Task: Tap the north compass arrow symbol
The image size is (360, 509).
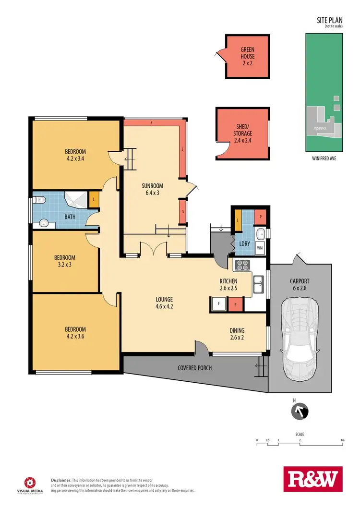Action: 299,412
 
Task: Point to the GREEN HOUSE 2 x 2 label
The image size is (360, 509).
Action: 248,56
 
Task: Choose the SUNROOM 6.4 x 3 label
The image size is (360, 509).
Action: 153,189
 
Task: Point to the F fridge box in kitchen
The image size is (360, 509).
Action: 218,304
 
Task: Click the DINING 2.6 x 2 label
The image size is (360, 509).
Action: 237,334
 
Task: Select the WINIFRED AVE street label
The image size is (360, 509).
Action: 324,157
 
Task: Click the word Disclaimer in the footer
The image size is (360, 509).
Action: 61,480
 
